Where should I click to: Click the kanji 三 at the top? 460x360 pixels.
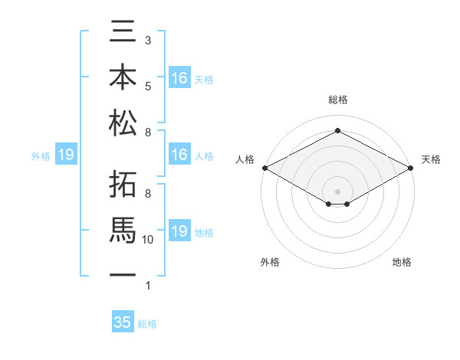coord(123,34)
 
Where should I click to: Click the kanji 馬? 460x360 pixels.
coord(123,229)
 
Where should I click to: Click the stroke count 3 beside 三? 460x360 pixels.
coord(148,40)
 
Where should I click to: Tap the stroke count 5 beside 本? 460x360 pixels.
coord(148,86)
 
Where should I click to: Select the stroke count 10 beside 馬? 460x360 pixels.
coord(148,240)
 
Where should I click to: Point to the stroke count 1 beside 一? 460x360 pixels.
coord(148,286)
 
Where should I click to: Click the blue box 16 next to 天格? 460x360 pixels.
coord(179,78)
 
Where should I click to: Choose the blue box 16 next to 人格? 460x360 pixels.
coord(179,155)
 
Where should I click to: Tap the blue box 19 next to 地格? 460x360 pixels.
coord(179,232)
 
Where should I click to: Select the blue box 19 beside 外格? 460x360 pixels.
coord(66,155)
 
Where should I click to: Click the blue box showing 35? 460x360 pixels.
coord(123,322)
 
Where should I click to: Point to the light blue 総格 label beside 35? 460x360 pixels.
coord(147,324)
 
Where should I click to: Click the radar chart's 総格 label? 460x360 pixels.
coord(338,100)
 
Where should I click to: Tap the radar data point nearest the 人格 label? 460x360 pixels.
coord(264,168)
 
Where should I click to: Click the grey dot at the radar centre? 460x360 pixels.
coord(338,191)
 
